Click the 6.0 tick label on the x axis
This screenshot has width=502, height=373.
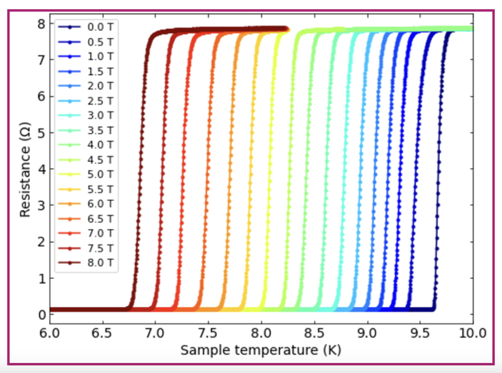pos(50,334)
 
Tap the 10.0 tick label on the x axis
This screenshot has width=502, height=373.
pos(473,334)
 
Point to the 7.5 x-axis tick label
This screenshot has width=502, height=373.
pos(208,334)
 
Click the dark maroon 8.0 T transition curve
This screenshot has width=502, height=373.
pos(140,167)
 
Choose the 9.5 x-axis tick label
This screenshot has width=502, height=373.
pos(420,334)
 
